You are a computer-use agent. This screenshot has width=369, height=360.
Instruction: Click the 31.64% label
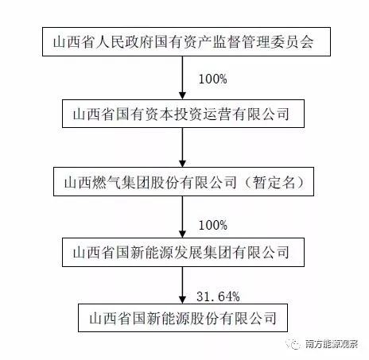218,296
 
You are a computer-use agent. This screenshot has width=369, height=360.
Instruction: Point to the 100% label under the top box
213,79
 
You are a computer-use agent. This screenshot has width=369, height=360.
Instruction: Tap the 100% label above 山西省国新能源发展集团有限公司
213,225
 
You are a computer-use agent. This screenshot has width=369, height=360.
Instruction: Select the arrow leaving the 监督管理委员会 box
182,78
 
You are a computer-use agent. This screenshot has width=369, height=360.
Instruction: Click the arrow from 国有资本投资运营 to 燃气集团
182,147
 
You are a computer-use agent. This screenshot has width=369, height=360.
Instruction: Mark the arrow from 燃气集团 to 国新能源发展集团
182,217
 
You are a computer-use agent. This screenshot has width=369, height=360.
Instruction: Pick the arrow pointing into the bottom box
182,285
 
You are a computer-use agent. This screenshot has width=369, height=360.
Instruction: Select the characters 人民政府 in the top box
125,42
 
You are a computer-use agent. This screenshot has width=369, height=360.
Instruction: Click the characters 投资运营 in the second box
203,114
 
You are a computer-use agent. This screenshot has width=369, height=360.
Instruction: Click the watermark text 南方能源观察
332,344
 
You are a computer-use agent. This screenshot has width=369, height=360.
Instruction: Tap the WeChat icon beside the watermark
293,344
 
